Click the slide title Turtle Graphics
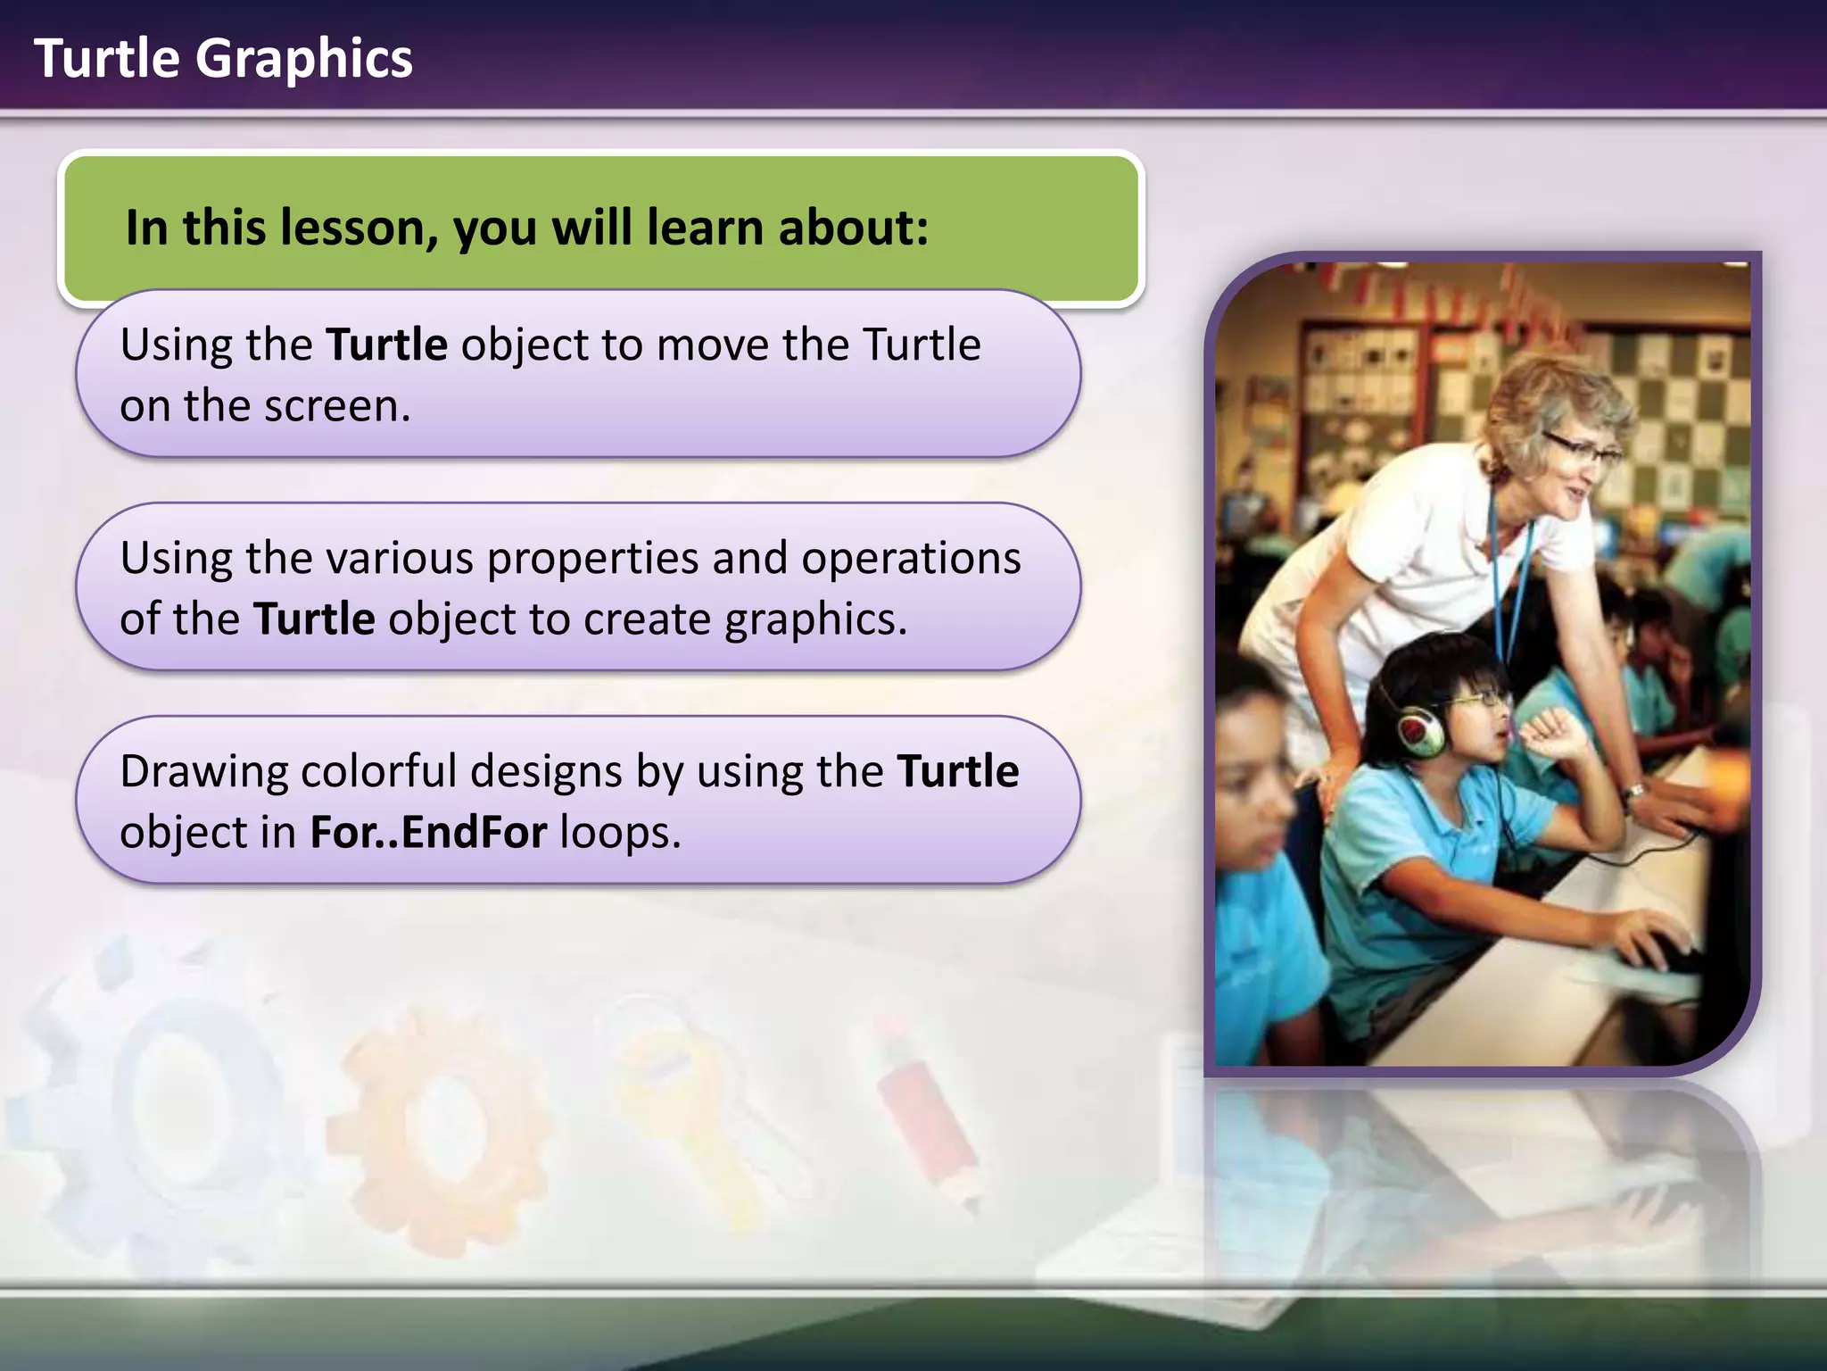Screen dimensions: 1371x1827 click(223, 59)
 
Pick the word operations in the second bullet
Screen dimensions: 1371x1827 click(911, 559)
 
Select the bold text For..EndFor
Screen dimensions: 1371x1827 click(428, 833)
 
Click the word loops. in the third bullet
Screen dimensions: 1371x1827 click(621, 833)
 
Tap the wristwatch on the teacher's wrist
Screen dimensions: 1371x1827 click(1634, 792)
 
